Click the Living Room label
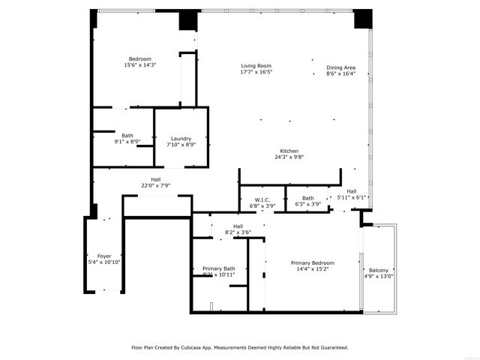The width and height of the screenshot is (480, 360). [x=256, y=65]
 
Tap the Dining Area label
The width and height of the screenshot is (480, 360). [x=340, y=68]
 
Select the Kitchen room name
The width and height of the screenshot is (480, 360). [x=290, y=151]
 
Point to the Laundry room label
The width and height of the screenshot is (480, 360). [x=181, y=138]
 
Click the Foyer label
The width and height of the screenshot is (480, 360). [x=103, y=256]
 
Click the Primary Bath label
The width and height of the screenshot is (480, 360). [x=219, y=268]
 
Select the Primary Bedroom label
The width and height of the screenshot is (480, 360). [x=313, y=262]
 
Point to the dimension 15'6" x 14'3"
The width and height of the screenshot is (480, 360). [x=140, y=65]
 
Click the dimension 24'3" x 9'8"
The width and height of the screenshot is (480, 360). [x=290, y=157]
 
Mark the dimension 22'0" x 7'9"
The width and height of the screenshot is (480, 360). [x=156, y=185]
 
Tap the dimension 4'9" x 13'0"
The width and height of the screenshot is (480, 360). [x=379, y=276]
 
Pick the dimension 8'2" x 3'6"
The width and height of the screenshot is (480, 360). [x=238, y=232]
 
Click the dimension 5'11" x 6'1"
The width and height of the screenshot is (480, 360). [x=351, y=197]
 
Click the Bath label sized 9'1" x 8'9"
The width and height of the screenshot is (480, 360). [x=127, y=135]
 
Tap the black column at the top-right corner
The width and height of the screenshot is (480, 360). [x=363, y=18]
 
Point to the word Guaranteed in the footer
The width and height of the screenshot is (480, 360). [x=331, y=347]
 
